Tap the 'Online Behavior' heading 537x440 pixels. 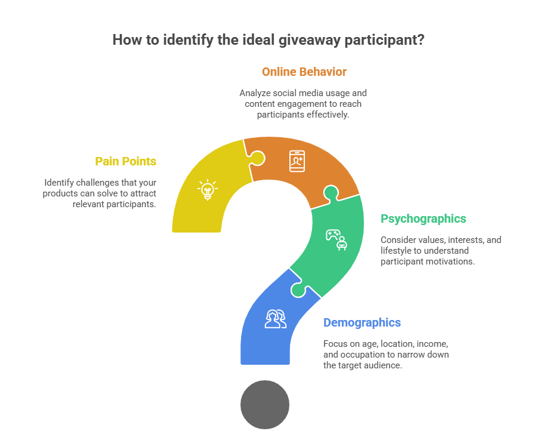[x=304, y=72]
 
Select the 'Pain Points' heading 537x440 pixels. [x=125, y=161]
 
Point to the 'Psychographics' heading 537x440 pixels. [x=424, y=219]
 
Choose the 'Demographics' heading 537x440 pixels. [x=362, y=322]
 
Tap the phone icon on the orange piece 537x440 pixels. [x=297, y=161]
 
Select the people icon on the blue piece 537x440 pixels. [x=275, y=319]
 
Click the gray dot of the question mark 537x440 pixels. [x=265, y=405]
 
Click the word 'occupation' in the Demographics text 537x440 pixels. [x=357, y=355]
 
